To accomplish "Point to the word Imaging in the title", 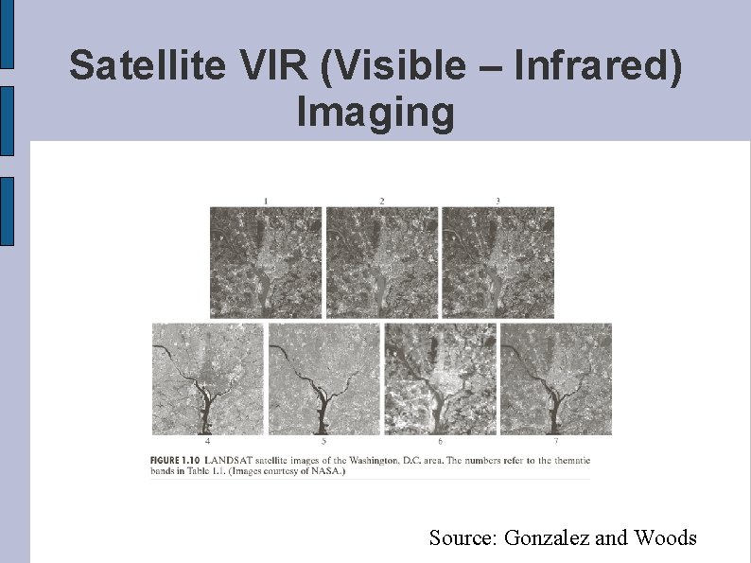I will tap(375, 112).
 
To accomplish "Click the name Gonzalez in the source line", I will tap(549, 538).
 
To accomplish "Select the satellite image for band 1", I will tap(266, 262).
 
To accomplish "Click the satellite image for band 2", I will tap(382, 262).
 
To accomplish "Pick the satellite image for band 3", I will tap(498, 262).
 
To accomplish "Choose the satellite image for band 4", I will tap(208, 378).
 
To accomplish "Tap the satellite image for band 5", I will tap(324, 378).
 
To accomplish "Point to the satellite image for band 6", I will tap(440, 378).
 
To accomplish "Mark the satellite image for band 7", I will tap(556, 378).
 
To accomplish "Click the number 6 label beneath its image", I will tap(440, 442).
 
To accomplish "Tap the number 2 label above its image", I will tap(382, 201).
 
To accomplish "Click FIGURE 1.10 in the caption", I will tap(176, 460).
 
